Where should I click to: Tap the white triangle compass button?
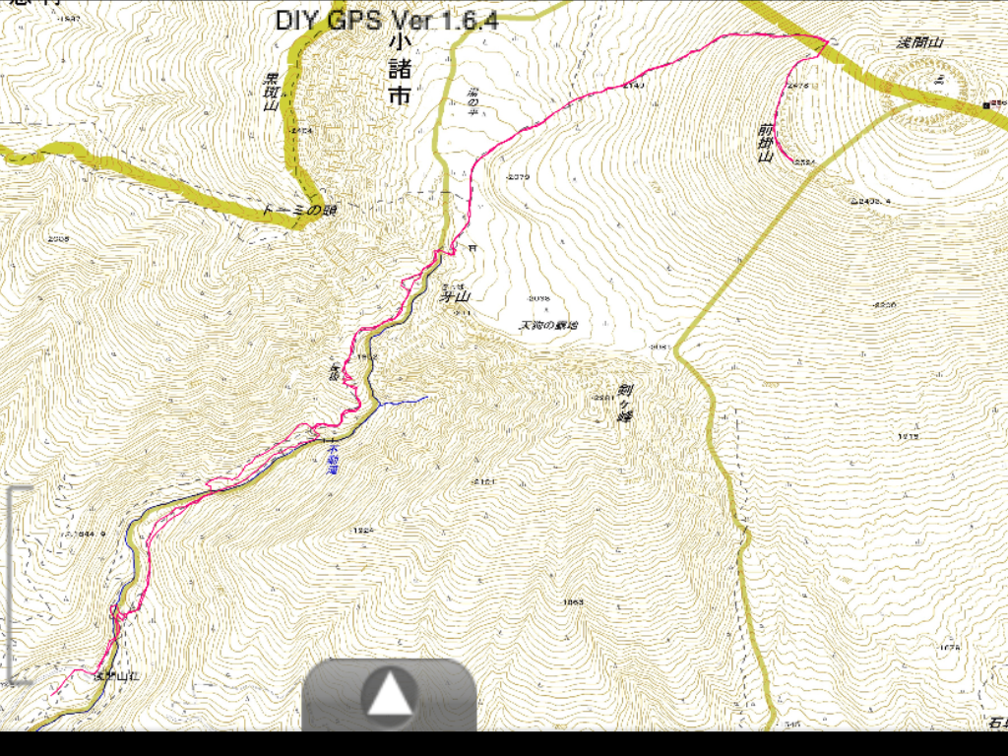390,695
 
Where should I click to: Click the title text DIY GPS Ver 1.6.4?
386,20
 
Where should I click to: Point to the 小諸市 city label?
398,70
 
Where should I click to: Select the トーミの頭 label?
294,210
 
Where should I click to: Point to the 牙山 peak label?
456,295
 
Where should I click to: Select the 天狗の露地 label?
548,325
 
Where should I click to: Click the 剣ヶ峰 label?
623,404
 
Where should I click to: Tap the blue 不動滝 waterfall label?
332,459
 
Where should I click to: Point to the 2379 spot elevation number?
517,177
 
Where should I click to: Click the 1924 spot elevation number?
362,530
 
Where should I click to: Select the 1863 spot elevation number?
573,601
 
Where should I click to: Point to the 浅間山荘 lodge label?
116,676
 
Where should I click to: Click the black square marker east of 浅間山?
985,104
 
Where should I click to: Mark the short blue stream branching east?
404,401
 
